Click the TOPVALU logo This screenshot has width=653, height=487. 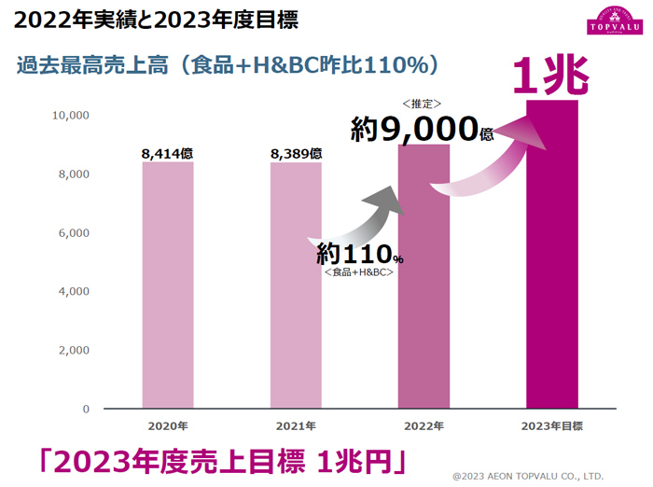(611, 21)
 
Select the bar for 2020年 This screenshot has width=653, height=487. (168, 285)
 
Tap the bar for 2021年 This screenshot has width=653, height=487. (296, 285)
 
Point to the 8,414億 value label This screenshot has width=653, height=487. (168, 153)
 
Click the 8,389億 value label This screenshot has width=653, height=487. (296, 153)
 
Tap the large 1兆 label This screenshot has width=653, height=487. (551, 77)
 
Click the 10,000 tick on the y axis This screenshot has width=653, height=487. (70, 116)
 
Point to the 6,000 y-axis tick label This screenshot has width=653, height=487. (73, 233)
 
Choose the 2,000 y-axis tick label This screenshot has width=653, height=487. (73, 350)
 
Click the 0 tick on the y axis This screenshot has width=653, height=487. (85, 409)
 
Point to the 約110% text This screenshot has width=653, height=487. (359, 254)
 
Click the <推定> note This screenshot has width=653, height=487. (422, 104)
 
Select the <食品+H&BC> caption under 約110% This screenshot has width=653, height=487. (359, 271)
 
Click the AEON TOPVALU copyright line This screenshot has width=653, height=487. (528, 475)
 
